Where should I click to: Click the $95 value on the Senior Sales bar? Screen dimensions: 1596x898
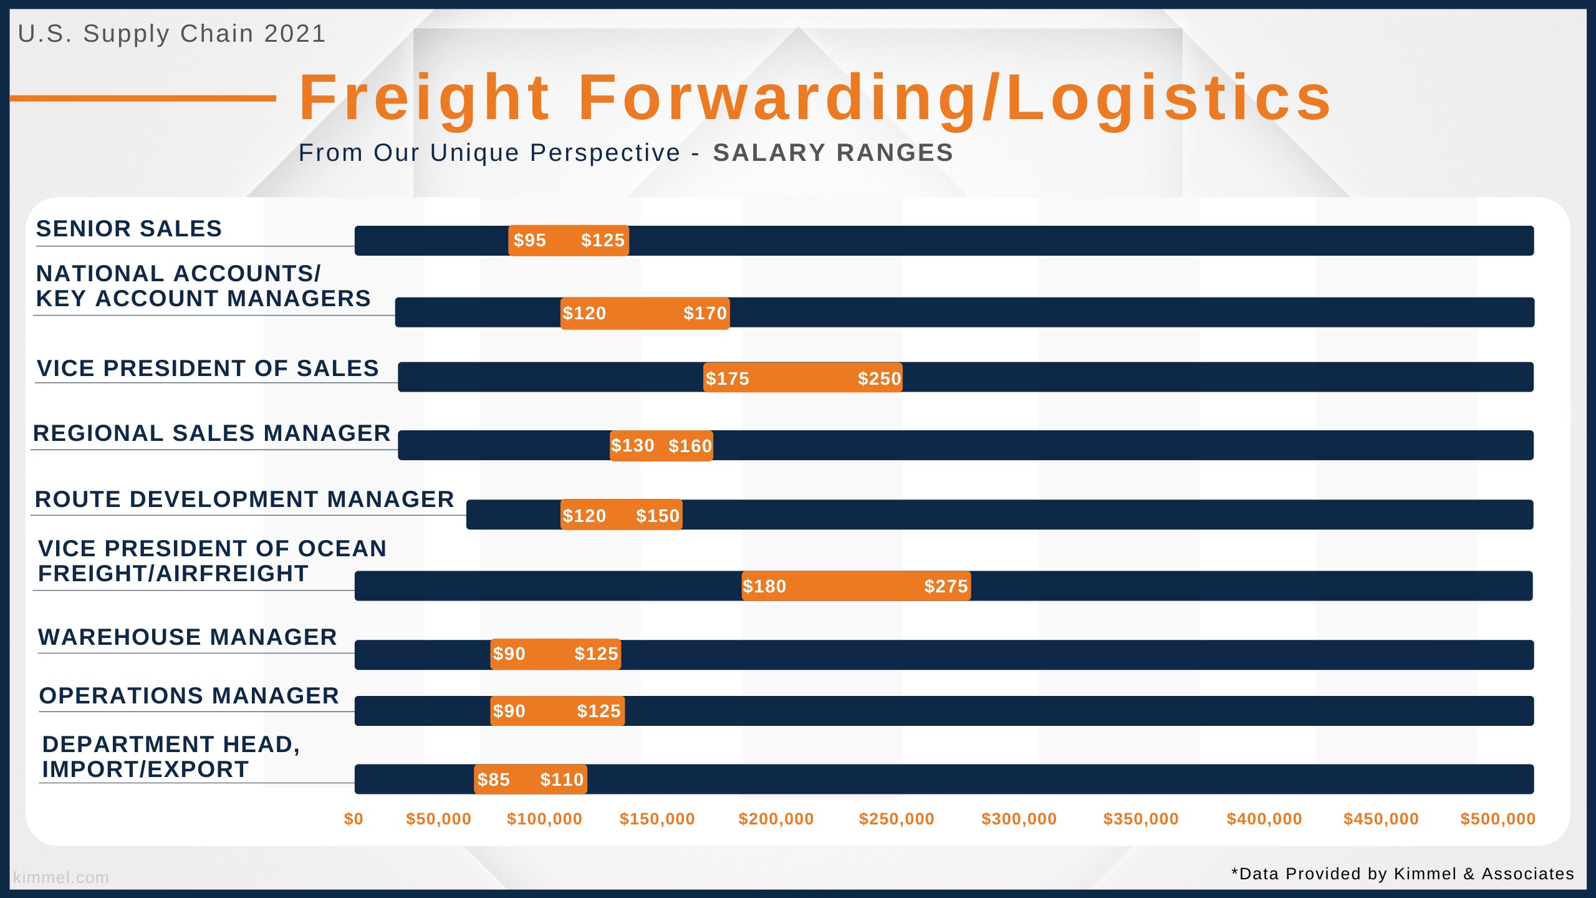529,240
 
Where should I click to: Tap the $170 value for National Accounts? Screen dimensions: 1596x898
705,313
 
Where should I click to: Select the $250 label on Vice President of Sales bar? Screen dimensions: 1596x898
879,379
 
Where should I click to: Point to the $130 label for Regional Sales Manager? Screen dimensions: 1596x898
632,445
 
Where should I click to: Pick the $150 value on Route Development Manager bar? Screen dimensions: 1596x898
658,516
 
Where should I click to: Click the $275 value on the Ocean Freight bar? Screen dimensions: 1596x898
946,586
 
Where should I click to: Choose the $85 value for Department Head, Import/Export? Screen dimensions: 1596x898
493,780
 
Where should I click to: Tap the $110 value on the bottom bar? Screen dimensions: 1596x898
562,780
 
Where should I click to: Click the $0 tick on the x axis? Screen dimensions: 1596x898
353,819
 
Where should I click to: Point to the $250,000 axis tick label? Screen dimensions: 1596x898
897,819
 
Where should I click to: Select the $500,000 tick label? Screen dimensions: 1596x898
1497,819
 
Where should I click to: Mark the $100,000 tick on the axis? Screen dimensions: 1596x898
544,819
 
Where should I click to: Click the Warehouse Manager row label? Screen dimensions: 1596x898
188,637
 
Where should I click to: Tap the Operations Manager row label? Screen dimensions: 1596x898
189,695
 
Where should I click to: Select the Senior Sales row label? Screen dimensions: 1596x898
129,228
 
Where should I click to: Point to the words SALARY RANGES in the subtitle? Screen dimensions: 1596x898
833,153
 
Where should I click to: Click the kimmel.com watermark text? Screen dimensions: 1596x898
61,877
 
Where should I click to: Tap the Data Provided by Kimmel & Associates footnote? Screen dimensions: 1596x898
1403,874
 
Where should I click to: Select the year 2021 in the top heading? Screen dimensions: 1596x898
295,34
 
